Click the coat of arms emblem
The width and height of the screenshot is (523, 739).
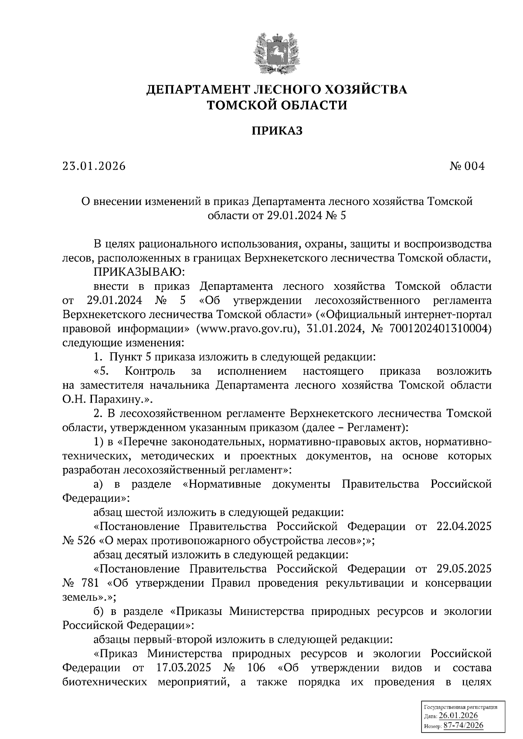click(x=276, y=51)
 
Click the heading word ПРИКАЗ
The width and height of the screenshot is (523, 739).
click(x=276, y=131)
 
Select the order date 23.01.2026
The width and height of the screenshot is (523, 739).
click(x=94, y=166)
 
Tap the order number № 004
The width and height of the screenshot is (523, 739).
click(x=467, y=166)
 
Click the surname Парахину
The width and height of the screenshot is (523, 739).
click(x=110, y=399)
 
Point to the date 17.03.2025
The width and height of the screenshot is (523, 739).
click(x=183, y=668)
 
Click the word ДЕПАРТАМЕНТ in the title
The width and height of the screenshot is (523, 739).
click(x=198, y=90)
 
